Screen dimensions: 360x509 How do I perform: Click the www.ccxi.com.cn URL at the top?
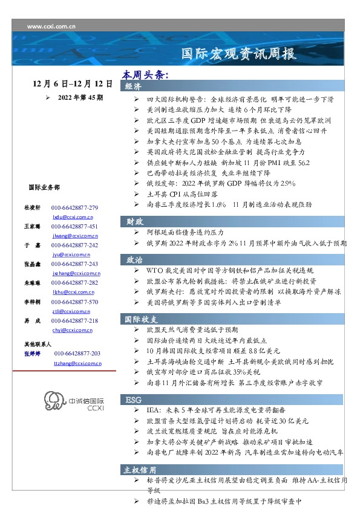click(51, 27)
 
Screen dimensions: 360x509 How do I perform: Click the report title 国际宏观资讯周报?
click(240, 54)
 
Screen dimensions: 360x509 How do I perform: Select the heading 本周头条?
click(145, 76)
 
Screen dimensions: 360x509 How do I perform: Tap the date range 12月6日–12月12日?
click(73, 83)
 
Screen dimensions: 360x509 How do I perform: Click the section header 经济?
click(134, 87)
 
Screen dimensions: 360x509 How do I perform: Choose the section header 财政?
click(134, 221)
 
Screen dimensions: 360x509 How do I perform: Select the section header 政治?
click(134, 260)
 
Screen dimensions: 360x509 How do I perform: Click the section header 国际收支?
click(141, 319)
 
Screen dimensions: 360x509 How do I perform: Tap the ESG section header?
click(133, 400)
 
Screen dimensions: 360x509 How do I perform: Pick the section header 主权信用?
click(140, 470)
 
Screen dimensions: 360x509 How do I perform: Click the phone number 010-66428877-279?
click(75, 208)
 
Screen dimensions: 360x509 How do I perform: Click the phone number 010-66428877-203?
click(77, 354)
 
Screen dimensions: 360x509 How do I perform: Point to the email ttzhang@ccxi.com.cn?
click(73, 363)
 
